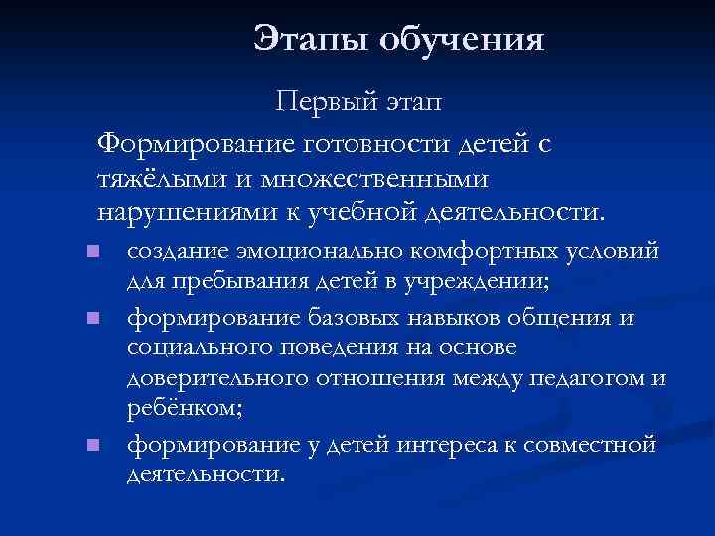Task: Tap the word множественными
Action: point(373,179)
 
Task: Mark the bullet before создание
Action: point(92,251)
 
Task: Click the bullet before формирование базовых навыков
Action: point(92,319)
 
